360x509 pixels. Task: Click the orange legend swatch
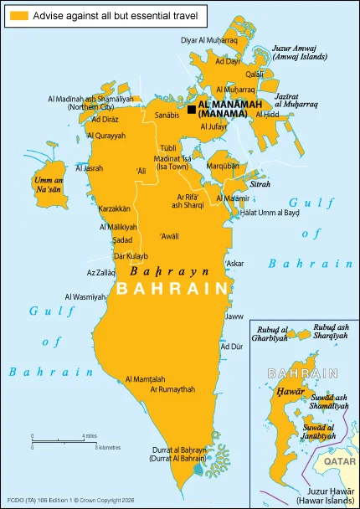click(18, 16)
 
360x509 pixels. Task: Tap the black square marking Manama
click(192, 109)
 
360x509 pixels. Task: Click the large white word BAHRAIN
click(173, 289)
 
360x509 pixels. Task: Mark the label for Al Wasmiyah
click(85, 297)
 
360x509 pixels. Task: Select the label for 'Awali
click(169, 235)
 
